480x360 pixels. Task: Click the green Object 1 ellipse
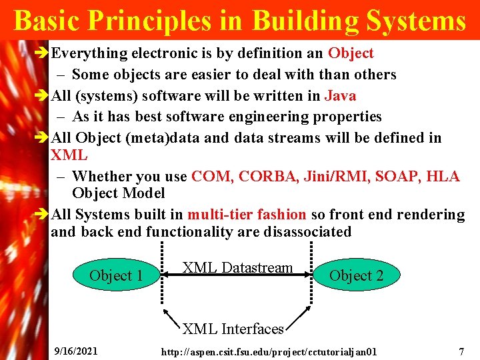point(116,275)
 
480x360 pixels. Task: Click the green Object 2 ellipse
point(356,275)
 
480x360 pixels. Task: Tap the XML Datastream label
point(237,268)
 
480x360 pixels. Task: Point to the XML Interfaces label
point(233,329)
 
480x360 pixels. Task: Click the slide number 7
point(461,351)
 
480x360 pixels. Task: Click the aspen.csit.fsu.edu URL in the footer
point(269,351)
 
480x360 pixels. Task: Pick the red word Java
point(340,95)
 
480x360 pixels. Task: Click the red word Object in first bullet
point(351,53)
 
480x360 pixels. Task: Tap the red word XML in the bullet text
point(69,155)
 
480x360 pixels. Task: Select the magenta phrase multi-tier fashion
point(247,215)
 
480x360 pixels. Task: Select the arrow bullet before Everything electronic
point(41,53)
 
